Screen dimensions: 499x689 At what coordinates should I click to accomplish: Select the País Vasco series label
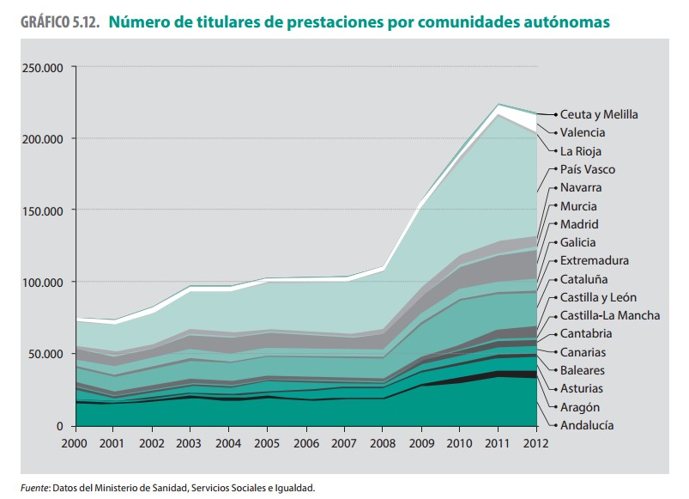tap(587, 169)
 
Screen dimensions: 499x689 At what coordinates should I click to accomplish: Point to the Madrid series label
tap(579, 224)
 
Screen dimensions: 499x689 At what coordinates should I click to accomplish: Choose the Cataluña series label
tap(583, 279)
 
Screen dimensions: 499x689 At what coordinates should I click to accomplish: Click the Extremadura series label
tap(594, 260)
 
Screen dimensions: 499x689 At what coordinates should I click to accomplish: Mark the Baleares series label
tap(582, 370)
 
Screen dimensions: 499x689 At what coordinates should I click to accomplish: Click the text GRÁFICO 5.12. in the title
tap(55, 23)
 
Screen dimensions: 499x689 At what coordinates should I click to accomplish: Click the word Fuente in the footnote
tap(34, 488)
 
